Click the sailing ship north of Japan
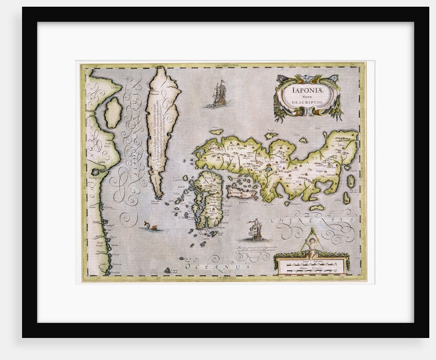click(x=220, y=94)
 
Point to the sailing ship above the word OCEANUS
click(x=254, y=230)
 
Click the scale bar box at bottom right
click(x=311, y=265)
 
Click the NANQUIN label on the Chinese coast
click(x=94, y=178)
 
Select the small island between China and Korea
click(x=113, y=113)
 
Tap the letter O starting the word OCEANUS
click(x=188, y=267)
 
